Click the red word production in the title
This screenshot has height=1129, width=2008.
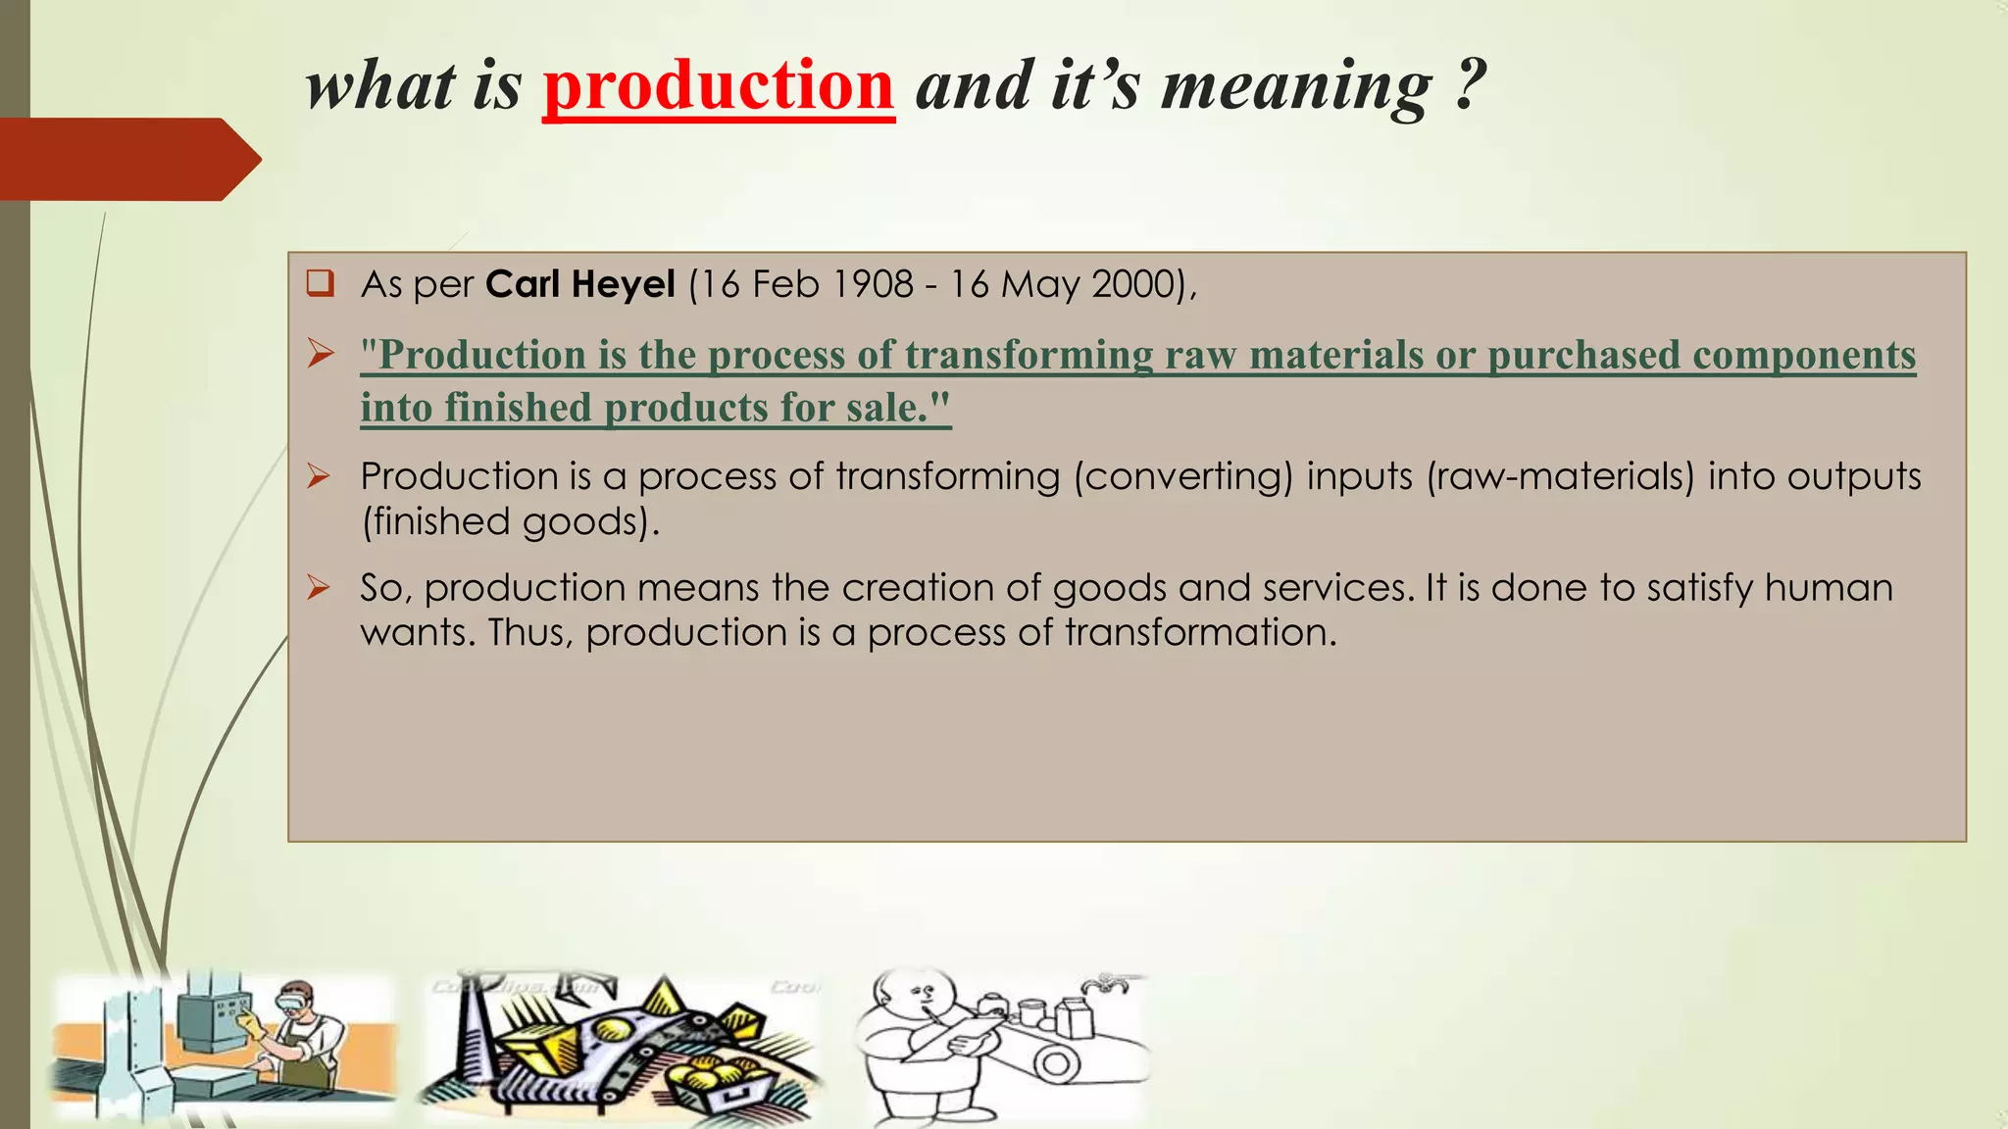pyautogui.click(x=718, y=86)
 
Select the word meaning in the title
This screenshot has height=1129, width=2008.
pyautogui.click(x=1296, y=86)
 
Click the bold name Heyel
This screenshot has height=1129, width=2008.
pyautogui.click(x=623, y=284)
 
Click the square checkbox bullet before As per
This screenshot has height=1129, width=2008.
pyautogui.click(x=320, y=284)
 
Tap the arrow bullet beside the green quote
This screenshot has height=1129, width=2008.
pyautogui.click(x=320, y=354)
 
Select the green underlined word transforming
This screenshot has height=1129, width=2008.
pyautogui.click(x=1029, y=355)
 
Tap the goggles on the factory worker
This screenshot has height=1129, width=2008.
pyautogui.click(x=295, y=1002)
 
